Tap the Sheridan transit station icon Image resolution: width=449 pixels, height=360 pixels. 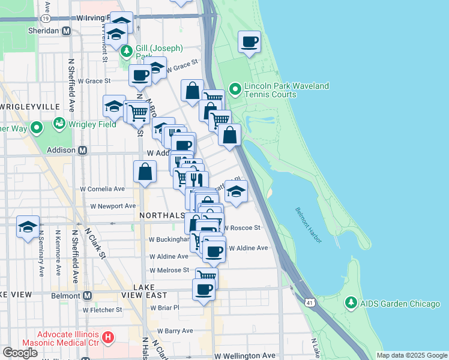(66, 31)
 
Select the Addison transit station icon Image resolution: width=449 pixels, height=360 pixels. (82, 149)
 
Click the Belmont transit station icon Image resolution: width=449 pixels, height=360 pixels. (87, 295)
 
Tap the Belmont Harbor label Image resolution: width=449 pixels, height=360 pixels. (309, 225)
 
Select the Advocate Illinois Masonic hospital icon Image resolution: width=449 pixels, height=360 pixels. (108, 338)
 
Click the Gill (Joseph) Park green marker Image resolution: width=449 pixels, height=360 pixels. (125, 52)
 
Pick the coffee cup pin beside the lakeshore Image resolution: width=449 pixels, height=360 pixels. (250, 42)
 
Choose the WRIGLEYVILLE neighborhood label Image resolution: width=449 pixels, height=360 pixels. (30, 106)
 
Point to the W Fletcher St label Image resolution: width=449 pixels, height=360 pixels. (103, 310)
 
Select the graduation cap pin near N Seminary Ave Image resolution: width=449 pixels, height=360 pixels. (28, 227)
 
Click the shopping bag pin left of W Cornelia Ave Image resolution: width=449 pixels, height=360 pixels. (145, 172)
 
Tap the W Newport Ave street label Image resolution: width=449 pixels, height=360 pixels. (113, 206)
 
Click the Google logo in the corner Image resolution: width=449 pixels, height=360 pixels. (20, 353)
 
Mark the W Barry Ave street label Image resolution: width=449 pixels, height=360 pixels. (175, 331)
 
